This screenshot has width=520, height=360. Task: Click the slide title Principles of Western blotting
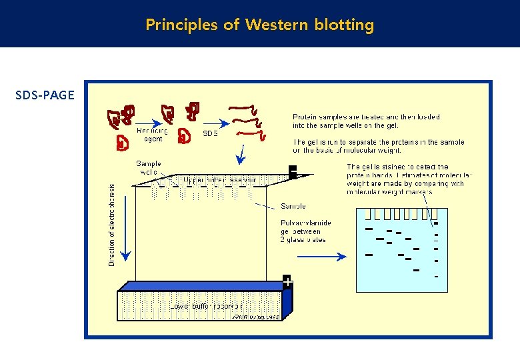[260, 25]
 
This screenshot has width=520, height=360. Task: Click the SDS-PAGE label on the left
[45, 95]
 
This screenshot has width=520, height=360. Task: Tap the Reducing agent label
[153, 135]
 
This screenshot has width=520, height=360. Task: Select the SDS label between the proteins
[211, 133]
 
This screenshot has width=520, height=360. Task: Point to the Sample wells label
[148, 167]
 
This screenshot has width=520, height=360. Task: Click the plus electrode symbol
[287, 283]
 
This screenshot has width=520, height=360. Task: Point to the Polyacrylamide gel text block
[306, 231]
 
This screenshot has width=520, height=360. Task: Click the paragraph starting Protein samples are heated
[366, 121]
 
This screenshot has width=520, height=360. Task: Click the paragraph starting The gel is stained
[409, 179]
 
